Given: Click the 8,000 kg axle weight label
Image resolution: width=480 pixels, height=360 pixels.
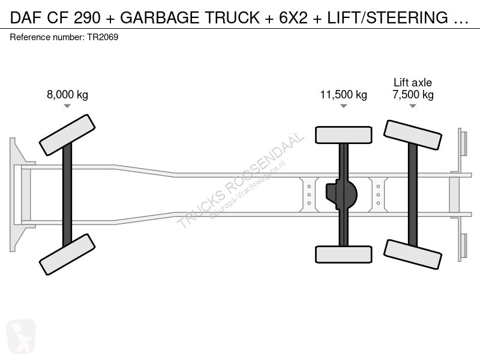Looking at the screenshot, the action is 67,95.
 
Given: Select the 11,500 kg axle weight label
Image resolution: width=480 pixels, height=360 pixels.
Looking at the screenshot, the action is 343,95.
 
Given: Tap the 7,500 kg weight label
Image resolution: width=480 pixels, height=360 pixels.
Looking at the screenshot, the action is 413,95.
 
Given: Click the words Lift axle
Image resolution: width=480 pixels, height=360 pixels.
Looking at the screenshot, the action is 413,82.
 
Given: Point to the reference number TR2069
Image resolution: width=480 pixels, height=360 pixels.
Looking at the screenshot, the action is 103,37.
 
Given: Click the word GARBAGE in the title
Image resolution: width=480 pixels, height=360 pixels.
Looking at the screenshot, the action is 160,17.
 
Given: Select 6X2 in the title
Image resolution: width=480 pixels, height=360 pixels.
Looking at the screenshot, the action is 293,17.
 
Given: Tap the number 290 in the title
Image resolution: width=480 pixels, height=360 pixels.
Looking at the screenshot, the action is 87,17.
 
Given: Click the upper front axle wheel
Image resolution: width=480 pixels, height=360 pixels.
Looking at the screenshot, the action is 67,135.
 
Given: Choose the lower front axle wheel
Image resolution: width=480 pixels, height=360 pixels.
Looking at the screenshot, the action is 67,254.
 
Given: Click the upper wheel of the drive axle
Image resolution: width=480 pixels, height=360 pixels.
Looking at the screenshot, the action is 343,135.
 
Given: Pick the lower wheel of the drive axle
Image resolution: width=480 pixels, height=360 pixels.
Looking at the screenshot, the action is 343,254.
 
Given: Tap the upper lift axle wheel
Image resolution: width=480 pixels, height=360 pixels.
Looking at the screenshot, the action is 413,135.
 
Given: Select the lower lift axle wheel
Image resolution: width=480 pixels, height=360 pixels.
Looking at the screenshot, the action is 413,254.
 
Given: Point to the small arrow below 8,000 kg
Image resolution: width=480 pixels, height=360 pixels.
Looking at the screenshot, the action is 67,106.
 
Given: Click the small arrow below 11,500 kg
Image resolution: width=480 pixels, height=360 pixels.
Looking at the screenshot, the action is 343,106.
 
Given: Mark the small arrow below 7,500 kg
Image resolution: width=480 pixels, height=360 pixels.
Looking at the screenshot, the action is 413,106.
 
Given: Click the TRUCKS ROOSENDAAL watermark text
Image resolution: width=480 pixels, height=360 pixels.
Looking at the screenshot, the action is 241,181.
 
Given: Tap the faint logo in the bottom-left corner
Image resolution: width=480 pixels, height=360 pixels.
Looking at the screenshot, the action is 21,337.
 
